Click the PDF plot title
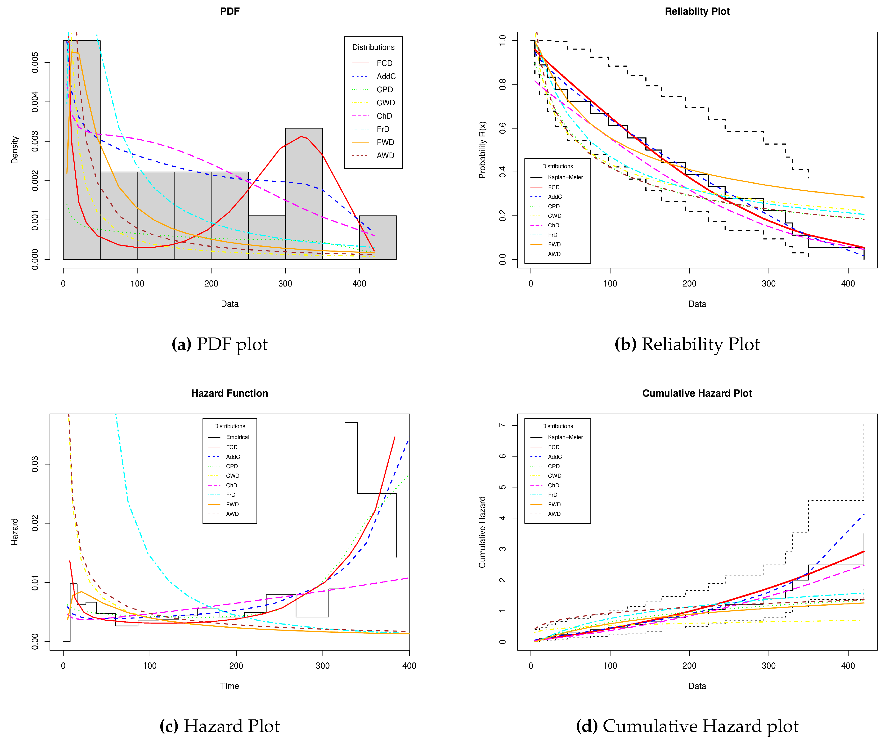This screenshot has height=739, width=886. coord(230,11)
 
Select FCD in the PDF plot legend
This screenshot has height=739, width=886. coord(384,63)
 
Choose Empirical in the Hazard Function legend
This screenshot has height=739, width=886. coord(237,437)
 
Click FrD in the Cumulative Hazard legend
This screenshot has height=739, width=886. coord(552,495)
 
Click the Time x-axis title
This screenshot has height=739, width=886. coord(230,686)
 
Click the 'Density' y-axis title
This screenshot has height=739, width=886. coord(15,150)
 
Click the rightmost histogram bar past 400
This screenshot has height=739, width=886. coord(378,238)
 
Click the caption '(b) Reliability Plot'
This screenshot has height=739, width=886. coord(687,344)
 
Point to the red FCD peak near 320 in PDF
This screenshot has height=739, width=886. coord(301,137)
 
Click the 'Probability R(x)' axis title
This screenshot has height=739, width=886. coord(482,150)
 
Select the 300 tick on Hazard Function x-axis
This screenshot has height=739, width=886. coord(323,666)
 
